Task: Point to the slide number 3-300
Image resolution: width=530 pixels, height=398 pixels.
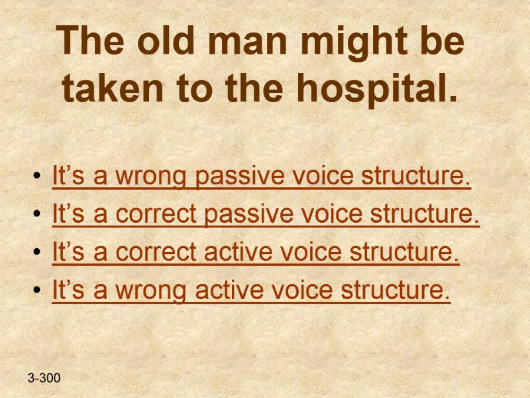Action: (x=44, y=379)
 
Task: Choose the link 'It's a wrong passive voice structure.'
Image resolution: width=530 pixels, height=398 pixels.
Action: (x=261, y=178)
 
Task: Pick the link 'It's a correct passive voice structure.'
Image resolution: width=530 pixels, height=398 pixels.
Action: (x=265, y=215)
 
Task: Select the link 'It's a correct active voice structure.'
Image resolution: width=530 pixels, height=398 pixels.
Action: (x=255, y=253)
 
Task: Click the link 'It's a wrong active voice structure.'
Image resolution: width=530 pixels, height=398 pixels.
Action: (x=250, y=291)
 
